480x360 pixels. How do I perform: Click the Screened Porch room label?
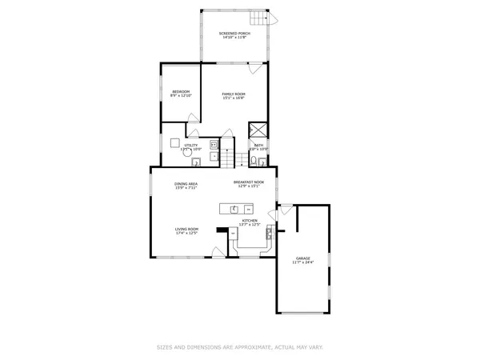[234, 33]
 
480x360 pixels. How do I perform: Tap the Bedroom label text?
[180, 92]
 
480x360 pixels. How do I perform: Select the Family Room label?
[234, 94]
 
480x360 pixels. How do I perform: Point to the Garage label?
[303, 258]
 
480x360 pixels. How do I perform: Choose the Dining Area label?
[186, 184]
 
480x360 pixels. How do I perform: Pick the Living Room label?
[187, 230]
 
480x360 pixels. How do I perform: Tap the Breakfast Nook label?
[249, 183]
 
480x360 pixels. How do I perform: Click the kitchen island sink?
[234, 210]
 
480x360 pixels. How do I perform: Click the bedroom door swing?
[193, 118]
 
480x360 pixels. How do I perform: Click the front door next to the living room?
[217, 252]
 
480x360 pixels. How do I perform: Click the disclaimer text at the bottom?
[239, 347]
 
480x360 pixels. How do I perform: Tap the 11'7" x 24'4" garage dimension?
[303, 262]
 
